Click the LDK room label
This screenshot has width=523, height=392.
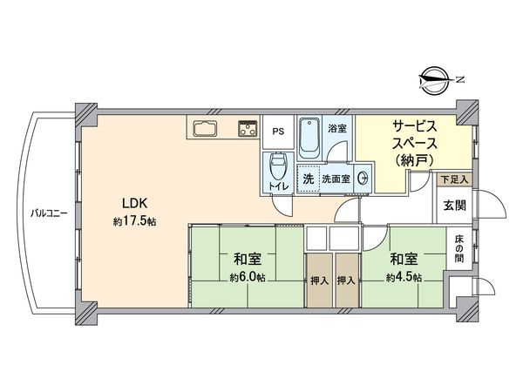134,204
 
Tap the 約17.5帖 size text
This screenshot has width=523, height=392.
134,223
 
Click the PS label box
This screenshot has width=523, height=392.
278,132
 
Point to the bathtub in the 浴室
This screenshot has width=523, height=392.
309,135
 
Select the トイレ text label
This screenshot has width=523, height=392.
278,186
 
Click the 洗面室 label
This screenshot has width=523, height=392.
336,178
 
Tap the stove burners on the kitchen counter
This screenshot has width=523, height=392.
248,130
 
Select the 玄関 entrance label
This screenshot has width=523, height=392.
453,206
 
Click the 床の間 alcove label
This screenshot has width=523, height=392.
458,250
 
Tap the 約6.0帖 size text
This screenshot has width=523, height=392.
247,278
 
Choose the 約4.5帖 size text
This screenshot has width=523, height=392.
404,278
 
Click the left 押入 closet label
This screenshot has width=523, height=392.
319,281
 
